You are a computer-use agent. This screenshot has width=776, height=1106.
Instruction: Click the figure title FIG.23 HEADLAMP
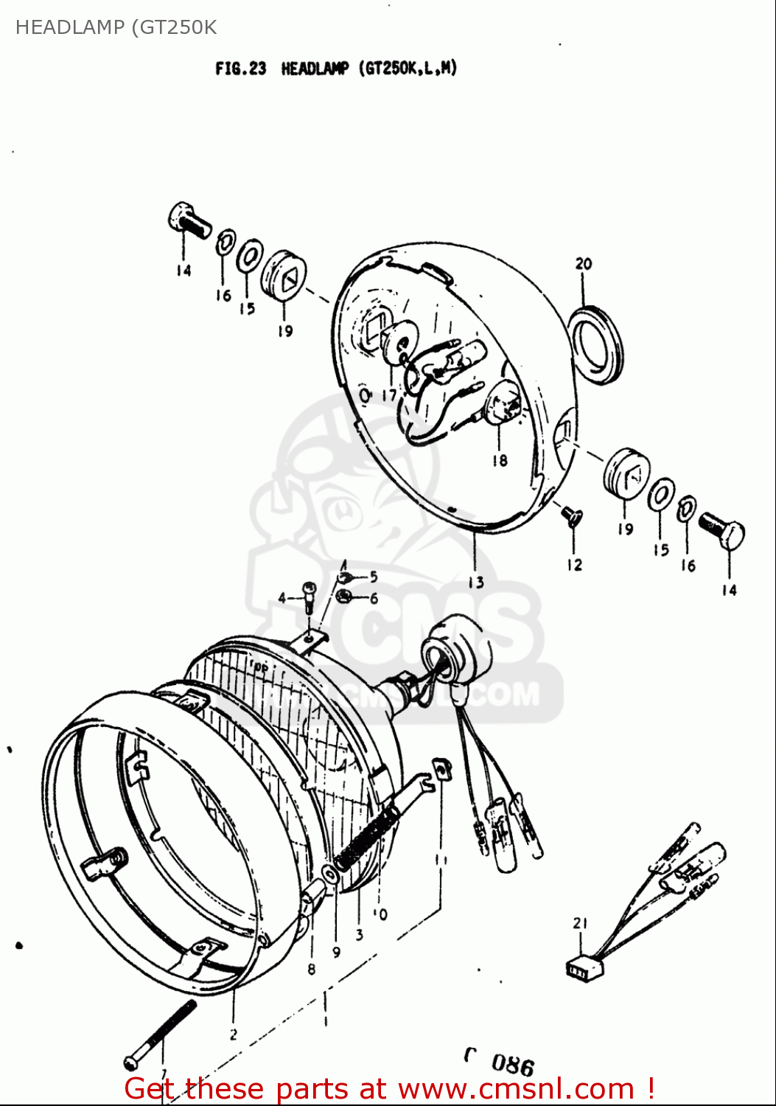coord(336,69)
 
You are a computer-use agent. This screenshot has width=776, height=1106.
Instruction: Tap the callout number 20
coord(583,264)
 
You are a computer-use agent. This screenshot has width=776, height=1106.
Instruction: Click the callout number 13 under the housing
coord(476,582)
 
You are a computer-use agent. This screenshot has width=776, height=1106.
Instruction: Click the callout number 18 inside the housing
coord(500,460)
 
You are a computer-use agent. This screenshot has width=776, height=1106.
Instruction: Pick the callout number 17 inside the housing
coord(388,394)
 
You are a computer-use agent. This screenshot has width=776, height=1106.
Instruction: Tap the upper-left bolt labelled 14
coord(189,220)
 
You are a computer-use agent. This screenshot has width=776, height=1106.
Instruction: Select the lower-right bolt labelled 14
coord(722,532)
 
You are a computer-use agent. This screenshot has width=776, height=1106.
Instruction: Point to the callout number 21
coord(580,923)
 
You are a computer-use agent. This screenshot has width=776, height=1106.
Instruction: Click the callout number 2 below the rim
coord(233,1034)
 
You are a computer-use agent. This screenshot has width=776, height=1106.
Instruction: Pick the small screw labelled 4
coord(309,594)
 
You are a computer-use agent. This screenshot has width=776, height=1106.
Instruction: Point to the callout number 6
coord(374,599)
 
